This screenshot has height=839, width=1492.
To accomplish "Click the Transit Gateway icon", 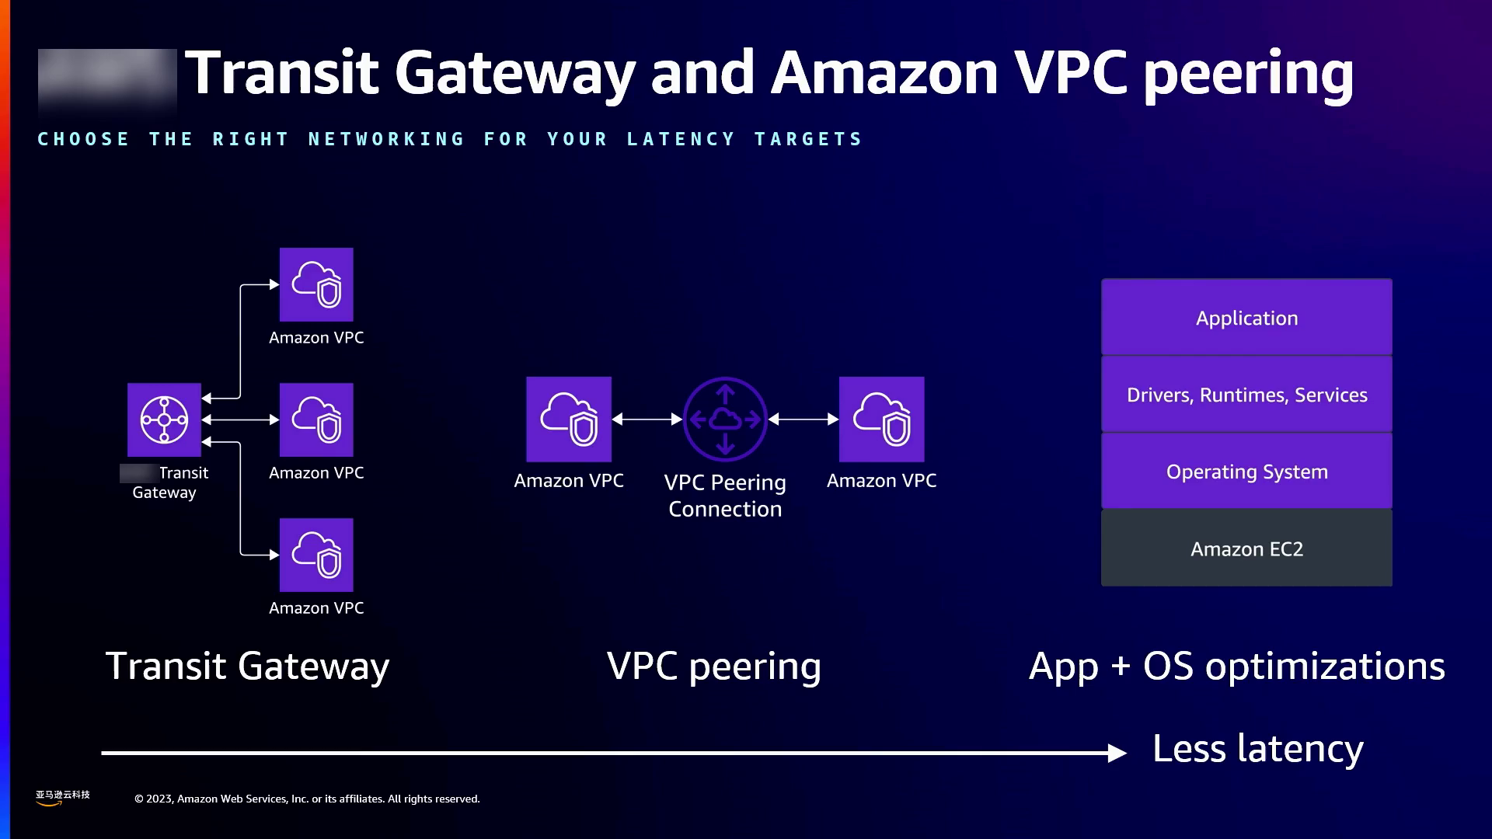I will click(164, 419).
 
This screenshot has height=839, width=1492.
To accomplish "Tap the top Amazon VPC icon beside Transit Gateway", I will click(316, 284).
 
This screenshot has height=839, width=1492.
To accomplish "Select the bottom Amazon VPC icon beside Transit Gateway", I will click(316, 555).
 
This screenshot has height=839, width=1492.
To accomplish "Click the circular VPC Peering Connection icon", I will click(725, 419).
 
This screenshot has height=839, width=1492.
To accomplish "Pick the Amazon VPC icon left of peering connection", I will click(569, 419).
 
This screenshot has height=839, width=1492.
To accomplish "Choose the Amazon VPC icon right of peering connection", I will click(881, 419).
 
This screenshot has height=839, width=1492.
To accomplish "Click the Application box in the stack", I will click(1246, 317).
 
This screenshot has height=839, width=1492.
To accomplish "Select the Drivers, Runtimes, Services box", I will click(1246, 394).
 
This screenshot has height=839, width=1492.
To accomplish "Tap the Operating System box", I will click(1246, 471).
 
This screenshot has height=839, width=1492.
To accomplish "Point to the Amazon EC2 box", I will click(1246, 548).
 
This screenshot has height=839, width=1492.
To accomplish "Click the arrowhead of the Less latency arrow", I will click(1117, 753).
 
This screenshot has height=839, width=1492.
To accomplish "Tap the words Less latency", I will click(1257, 749).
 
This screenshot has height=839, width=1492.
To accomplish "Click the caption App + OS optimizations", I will click(1236, 667).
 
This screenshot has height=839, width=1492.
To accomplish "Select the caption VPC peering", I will click(713, 667).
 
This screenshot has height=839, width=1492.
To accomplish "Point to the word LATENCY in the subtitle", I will click(681, 139).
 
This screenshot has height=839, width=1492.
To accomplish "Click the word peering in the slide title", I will click(1249, 74).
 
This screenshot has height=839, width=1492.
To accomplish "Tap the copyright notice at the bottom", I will click(307, 799).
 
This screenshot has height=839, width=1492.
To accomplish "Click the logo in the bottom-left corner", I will click(62, 797).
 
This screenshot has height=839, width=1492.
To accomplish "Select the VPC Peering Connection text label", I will click(725, 496).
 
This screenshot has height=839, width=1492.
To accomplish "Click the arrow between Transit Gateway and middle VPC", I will click(240, 419).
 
